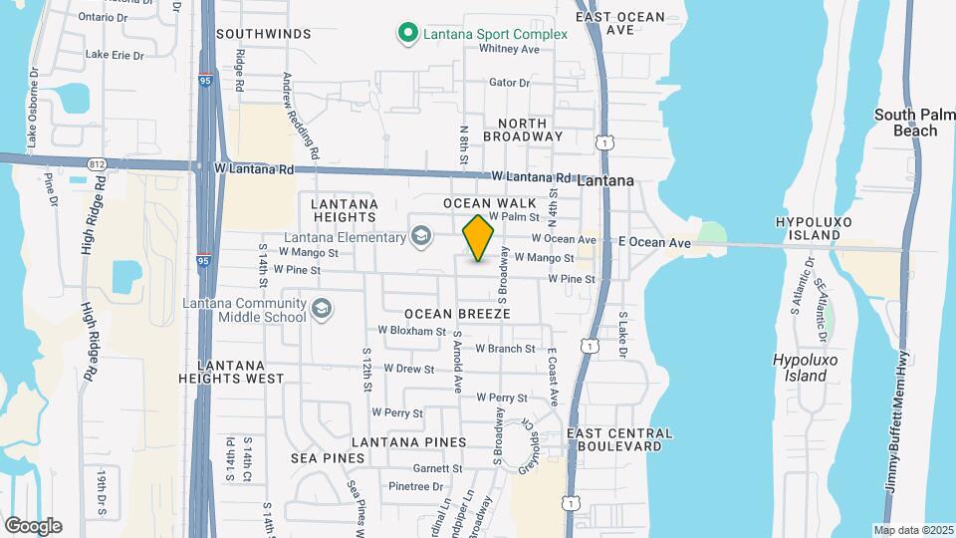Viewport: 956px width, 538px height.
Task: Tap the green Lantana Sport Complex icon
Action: click(x=406, y=34)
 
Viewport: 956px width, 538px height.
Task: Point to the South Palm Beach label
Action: click(x=906, y=123)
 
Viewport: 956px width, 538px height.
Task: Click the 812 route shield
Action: click(x=96, y=163)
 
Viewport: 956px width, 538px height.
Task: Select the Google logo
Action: click(x=33, y=525)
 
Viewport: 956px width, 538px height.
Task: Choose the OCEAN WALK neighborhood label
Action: click(x=483, y=203)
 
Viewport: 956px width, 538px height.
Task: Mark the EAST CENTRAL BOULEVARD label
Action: click(x=619, y=439)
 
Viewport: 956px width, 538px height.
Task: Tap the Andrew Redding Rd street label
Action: click(x=300, y=116)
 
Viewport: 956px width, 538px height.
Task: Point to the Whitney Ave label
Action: click(x=509, y=49)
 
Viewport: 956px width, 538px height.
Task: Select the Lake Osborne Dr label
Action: click(x=32, y=109)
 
